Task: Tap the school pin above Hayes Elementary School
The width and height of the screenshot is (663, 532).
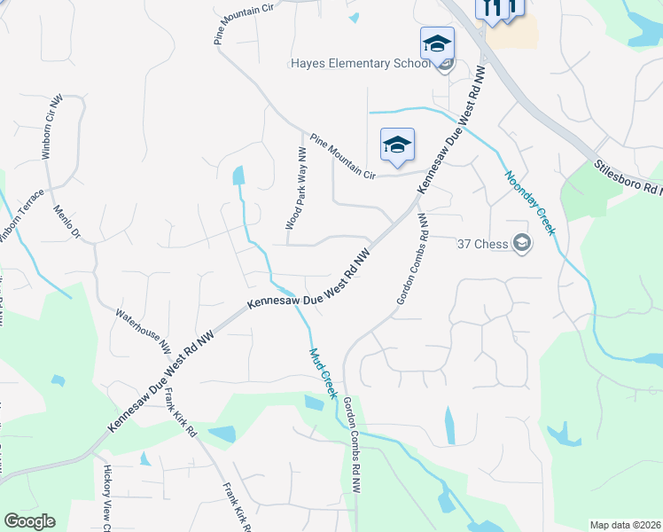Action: [437, 43]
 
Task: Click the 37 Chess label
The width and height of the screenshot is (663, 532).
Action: [485, 244]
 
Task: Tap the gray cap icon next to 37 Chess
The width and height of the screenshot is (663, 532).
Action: [522, 244]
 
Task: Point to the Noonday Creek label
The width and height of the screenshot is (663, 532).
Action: [530, 203]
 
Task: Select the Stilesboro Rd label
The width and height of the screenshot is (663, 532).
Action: [628, 177]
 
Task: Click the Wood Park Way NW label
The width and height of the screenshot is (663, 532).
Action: [295, 189]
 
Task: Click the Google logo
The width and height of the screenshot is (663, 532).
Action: [29, 521]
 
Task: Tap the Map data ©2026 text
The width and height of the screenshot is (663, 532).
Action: [624, 525]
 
